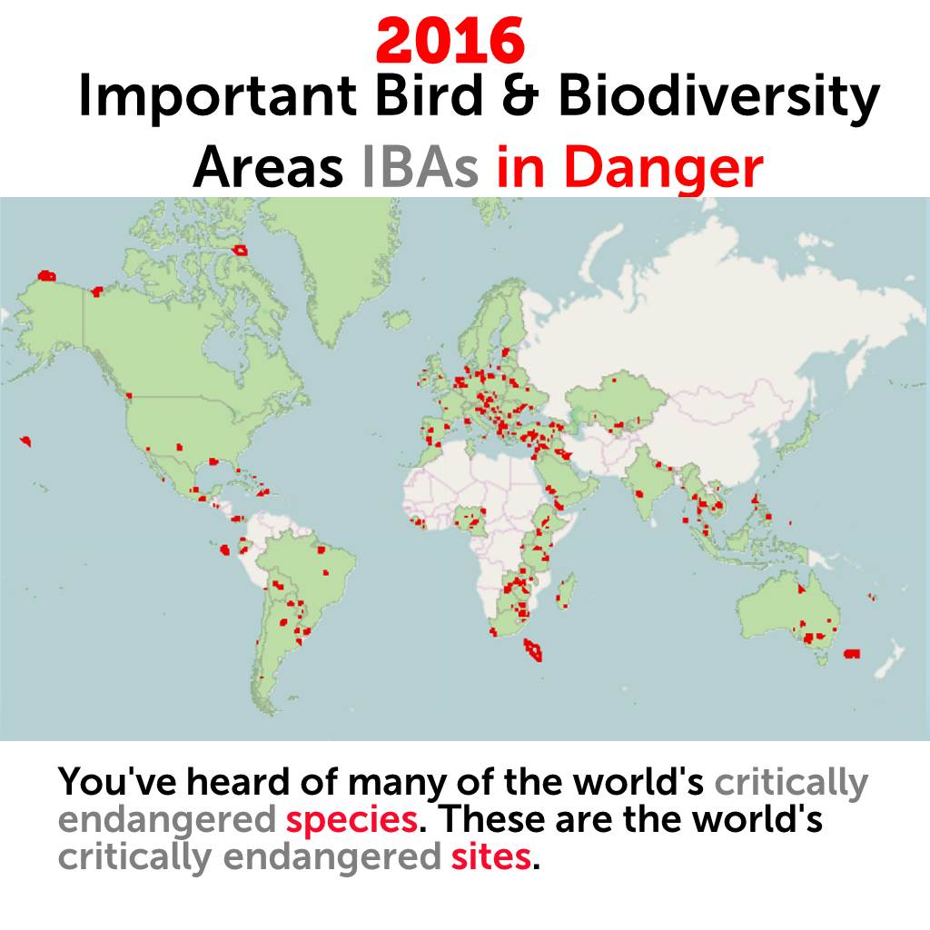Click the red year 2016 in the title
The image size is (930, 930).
tap(450, 40)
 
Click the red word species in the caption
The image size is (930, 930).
tap(351, 819)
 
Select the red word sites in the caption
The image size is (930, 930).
tap(490, 856)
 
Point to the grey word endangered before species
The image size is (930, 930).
tap(166, 819)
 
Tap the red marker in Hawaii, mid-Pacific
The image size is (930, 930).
tap(26, 440)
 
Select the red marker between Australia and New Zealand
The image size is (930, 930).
tap(851, 654)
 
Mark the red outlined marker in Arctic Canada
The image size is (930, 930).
tap(240, 250)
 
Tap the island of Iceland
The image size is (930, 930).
tap(396, 320)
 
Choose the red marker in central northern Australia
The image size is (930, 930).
tap(802, 589)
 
